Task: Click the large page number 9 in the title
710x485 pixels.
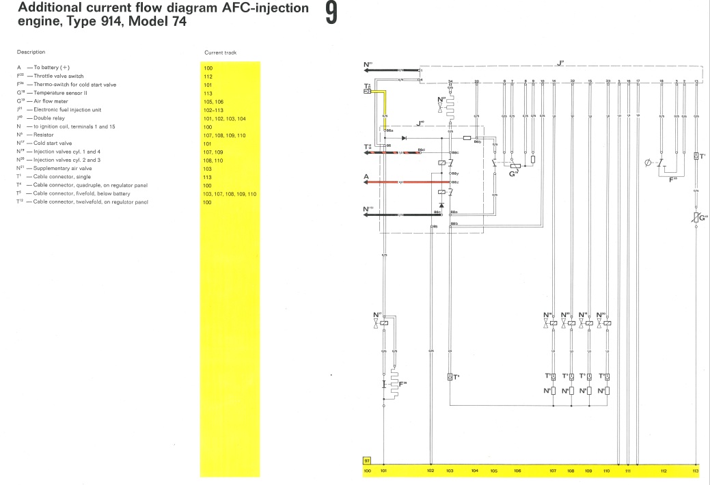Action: [331, 14]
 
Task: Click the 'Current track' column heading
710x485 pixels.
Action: [221, 53]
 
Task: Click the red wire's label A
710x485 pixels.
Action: [366, 177]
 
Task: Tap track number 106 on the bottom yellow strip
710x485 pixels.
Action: [517, 471]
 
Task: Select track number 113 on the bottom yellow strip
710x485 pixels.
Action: [696, 471]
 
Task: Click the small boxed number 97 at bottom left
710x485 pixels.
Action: [367, 462]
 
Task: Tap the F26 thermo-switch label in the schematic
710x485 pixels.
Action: [403, 383]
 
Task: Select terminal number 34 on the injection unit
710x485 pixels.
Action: [450, 81]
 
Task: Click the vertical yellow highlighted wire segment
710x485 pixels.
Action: [384, 109]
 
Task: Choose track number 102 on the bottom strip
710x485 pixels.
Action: [431, 471]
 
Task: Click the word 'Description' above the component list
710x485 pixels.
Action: [31, 53]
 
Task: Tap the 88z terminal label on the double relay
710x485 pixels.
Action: [454, 183]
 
